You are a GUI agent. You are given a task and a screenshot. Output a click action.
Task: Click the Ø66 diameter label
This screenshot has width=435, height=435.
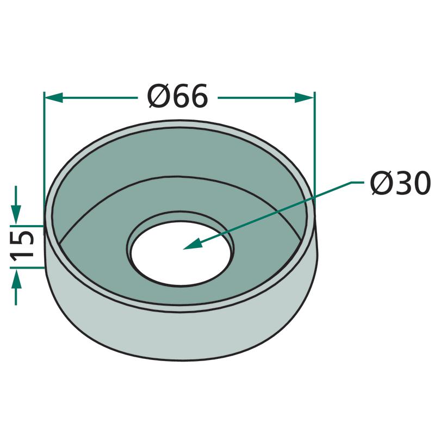[178, 96]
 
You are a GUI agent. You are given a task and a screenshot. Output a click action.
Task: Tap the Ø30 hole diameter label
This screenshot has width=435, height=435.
[400, 183]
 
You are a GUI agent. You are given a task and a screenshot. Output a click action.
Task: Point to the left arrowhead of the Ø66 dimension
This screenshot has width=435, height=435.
[53, 98]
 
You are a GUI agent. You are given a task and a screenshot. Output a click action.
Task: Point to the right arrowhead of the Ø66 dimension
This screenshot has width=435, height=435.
[304, 98]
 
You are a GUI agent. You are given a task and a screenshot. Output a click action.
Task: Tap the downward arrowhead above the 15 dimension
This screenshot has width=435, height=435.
[16, 214]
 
